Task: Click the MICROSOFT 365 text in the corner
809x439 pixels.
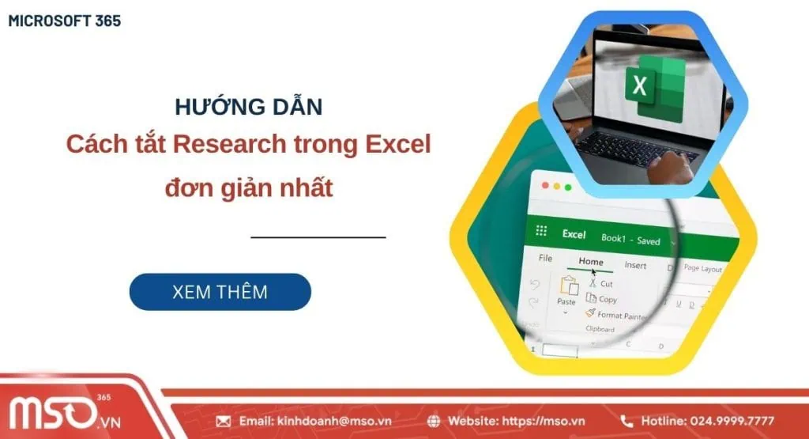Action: tap(65, 21)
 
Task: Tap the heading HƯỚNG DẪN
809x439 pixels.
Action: tap(248, 107)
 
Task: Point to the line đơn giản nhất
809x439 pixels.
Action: tap(248, 188)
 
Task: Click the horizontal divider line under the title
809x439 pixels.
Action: tap(318, 237)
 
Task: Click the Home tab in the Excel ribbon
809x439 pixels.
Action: tap(590, 262)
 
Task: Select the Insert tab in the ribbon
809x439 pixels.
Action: tap(635, 265)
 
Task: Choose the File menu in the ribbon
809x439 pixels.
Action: tap(545, 258)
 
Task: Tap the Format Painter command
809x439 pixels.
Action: tap(620, 315)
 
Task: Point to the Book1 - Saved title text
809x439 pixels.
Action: tap(630, 239)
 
